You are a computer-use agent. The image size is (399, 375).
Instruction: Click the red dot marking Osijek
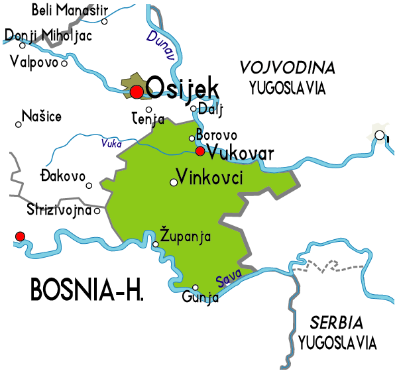[137, 91]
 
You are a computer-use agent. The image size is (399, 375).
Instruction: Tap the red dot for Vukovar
[200, 151]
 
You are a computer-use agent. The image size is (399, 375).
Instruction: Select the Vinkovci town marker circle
[174, 182]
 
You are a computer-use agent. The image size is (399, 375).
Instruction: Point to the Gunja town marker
[196, 288]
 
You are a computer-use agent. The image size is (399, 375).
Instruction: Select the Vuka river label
[111, 142]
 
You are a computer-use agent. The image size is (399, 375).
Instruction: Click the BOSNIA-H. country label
[87, 290]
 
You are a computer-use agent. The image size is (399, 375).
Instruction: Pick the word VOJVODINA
[288, 68]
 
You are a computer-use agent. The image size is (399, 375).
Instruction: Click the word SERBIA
[337, 323]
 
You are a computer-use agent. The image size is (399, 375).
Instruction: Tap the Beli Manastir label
[69, 11]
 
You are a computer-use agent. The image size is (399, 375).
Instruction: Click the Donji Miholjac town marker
[23, 45]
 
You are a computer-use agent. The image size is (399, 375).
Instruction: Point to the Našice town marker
[18, 124]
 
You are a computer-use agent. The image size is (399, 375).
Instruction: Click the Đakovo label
[63, 176]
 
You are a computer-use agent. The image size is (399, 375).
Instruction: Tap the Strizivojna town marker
[97, 211]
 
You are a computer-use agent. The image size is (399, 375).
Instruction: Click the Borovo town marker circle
[192, 138]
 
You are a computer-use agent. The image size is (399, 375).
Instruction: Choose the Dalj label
[211, 109]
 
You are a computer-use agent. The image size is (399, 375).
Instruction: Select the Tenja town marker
[149, 109]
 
